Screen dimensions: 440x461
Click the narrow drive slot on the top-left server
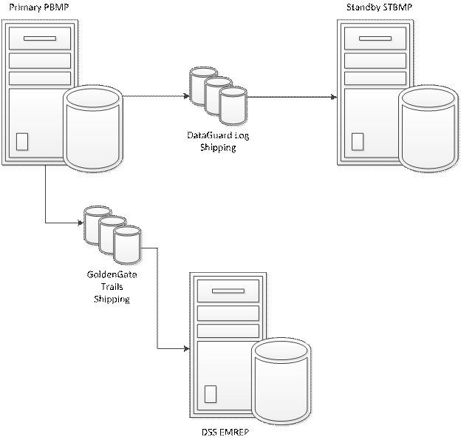(x=40, y=38)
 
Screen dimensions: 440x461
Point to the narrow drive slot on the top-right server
(x=375, y=38)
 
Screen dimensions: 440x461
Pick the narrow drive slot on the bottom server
(x=228, y=291)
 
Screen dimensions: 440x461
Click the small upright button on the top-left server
(x=22, y=141)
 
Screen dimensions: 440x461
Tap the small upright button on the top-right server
(x=358, y=141)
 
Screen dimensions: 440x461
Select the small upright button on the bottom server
(x=211, y=394)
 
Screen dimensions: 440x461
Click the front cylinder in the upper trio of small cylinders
(x=233, y=106)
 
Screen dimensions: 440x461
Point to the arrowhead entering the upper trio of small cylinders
(x=187, y=97)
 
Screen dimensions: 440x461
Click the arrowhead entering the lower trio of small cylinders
(x=81, y=222)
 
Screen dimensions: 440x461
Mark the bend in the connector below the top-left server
(x=46, y=222)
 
